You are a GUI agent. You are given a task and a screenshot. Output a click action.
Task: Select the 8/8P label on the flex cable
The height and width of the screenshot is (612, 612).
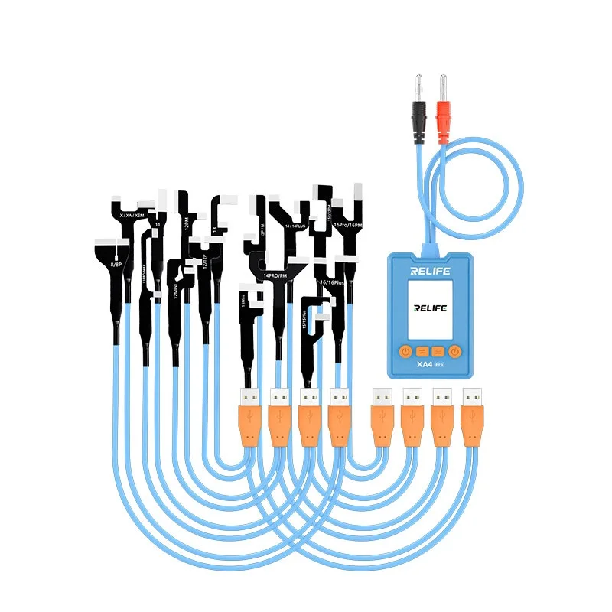point(116,264)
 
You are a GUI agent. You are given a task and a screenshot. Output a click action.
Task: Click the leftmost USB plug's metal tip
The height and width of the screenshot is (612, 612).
point(249,397)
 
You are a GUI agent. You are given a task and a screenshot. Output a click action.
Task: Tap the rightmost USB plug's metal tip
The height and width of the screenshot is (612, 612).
point(472,397)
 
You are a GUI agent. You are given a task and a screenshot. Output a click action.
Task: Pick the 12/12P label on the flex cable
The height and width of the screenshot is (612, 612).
point(204,262)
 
